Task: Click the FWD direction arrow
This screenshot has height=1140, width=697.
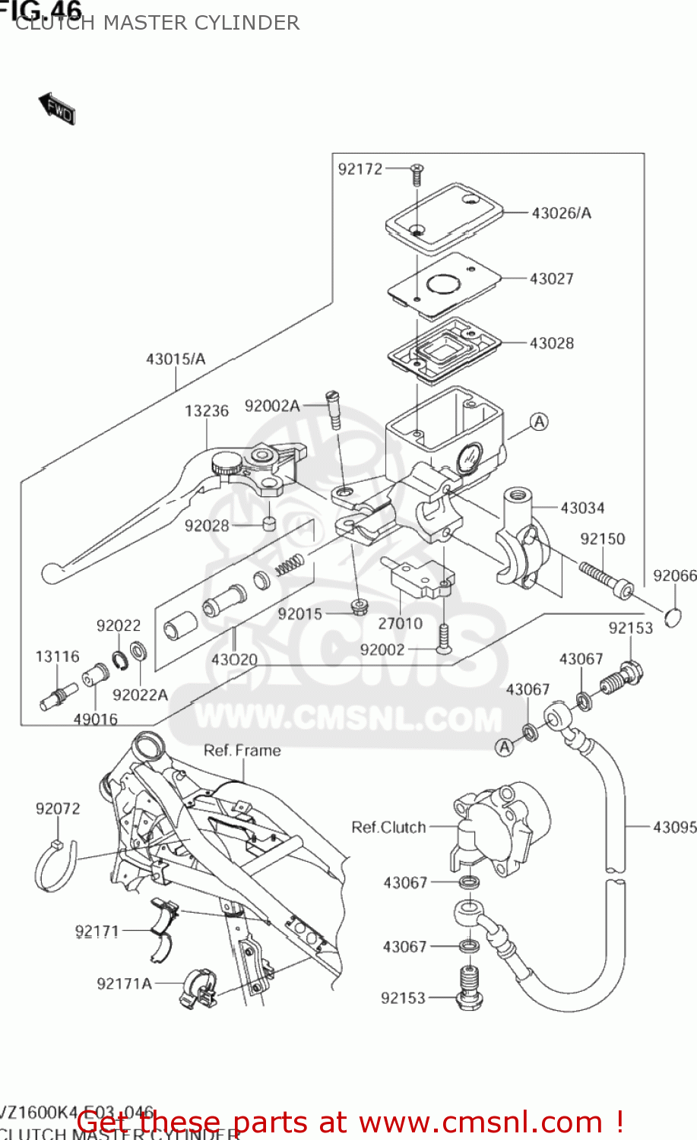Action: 57,109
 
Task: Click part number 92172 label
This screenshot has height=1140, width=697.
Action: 360,169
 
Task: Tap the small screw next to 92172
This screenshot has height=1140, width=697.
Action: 417,174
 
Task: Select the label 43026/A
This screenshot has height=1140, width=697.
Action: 561,214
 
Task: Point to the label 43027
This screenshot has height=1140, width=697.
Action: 551,279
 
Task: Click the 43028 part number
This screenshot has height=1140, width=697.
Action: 551,344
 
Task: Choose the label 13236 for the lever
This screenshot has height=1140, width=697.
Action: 206,411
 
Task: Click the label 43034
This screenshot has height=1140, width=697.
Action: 582,508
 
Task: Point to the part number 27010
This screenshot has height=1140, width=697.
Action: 400,624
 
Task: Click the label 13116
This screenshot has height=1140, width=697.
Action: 57,657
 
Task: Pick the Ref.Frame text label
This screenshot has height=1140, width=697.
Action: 242,751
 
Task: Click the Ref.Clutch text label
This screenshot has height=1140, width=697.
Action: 388,828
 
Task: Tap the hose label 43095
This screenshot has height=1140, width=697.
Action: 674,827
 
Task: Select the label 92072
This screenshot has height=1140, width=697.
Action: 57,809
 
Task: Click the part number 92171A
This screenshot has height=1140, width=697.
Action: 124,984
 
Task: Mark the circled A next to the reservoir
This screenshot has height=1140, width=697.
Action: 538,422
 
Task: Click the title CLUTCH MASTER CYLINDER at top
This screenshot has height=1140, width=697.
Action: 157,24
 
